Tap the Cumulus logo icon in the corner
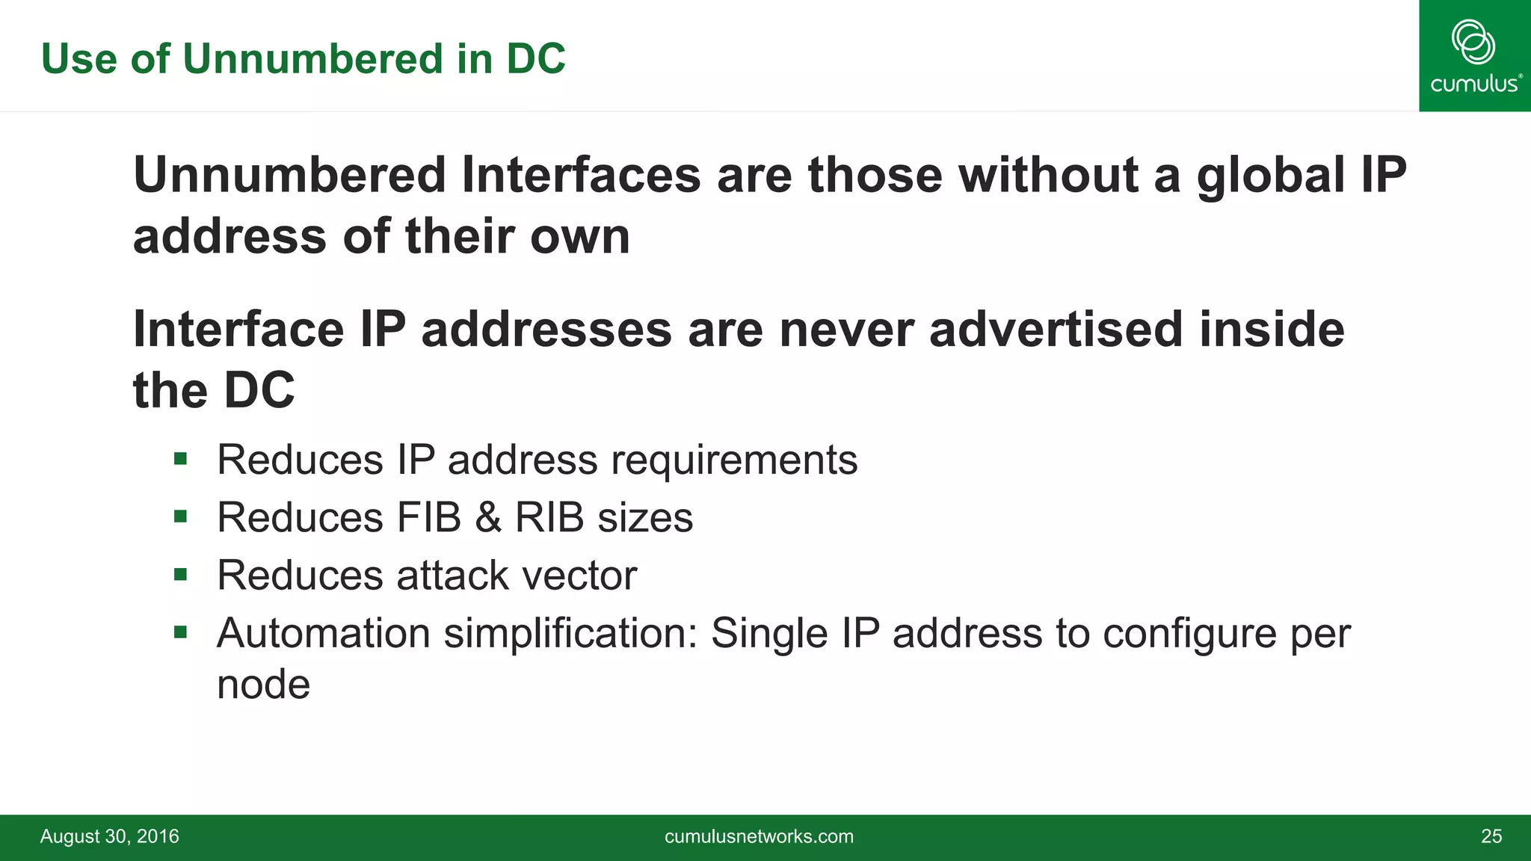point(1473,42)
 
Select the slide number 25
point(1491,836)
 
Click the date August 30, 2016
point(109,836)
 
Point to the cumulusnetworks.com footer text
point(759,836)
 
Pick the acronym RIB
point(549,517)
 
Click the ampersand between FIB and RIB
point(488,517)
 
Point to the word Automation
point(323,633)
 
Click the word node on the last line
point(263,684)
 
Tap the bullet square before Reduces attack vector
point(180,575)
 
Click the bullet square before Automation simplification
point(180,633)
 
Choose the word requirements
point(734,460)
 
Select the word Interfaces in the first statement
point(582,176)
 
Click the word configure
point(1189,635)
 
